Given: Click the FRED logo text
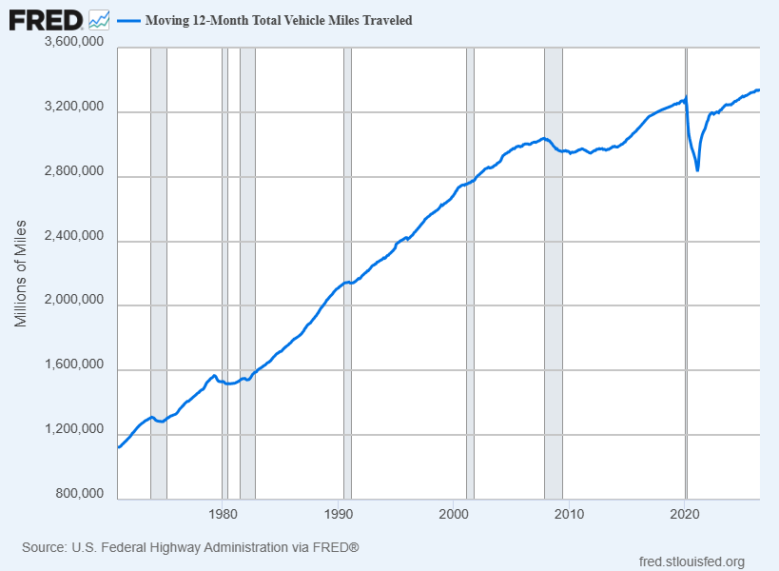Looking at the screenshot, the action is tap(46, 20).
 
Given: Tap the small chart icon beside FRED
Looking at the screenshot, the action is tap(99, 20).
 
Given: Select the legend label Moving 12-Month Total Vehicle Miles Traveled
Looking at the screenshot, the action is tap(279, 20).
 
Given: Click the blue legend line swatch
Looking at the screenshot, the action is tap(128, 21).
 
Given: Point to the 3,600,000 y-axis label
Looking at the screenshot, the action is tap(74, 41).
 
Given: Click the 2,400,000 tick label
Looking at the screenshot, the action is tap(74, 235).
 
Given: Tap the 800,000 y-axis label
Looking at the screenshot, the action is tap(80, 493).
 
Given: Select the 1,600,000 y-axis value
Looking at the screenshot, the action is tap(74, 364).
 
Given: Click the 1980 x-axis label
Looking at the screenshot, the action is tap(224, 513).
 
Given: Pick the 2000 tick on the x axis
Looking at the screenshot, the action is tap(454, 513).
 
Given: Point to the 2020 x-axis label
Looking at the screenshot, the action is tap(685, 513).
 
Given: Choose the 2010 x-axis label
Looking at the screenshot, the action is tap(570, 513).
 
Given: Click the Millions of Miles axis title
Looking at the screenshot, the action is tap(20, 274).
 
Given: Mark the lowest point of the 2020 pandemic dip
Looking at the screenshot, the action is tap(697, 170).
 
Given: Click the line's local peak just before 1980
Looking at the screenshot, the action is tap(214, 376).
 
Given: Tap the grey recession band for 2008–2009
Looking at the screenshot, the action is tap(554, 273).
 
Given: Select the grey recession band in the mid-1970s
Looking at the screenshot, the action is tap(159, 273).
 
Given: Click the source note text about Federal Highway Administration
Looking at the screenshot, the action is tap(190, 547).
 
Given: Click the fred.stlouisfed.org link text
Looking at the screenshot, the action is tap(691, 561).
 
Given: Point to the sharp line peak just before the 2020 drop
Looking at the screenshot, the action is tap(686, 97).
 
